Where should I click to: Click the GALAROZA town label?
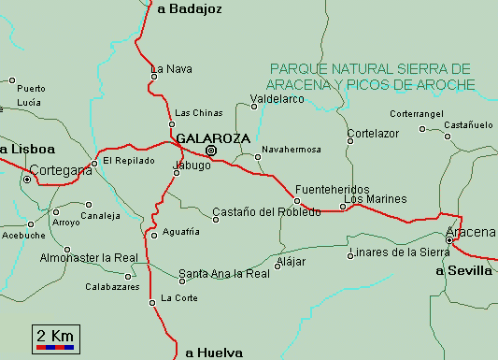(212, 137)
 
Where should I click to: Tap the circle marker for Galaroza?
(211, 151)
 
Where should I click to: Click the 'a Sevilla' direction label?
(464, 271)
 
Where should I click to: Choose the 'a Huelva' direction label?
(214, 353)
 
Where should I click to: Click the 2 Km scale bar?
(54, 338)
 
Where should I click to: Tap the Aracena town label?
(470, 231)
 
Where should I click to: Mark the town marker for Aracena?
(449, 240)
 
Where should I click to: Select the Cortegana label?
(61, 171)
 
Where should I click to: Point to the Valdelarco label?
(278, 98)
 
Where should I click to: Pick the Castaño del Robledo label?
(266, 212)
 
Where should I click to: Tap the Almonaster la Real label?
(90, 257)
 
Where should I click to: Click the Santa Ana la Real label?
(224, 274)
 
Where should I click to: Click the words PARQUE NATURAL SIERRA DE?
(369, 69)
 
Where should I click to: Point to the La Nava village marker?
(154, 77)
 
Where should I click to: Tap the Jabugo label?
(192, 166)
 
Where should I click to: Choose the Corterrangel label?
(417, 114)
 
